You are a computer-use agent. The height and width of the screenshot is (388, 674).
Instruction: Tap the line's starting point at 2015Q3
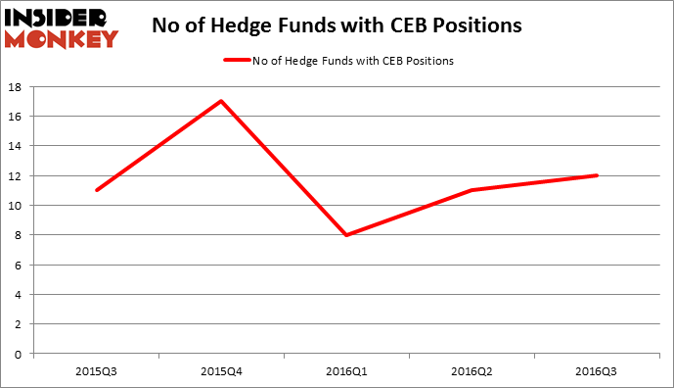pyautogui.click(x=96, y=190)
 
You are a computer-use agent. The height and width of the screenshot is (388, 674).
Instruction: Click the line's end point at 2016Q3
pyautogui.click(x=598, y=175)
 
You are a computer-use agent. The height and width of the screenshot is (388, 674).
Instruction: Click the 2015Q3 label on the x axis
pyautogui.click(x=96, y=371)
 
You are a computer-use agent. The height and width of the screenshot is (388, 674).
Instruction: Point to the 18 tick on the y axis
pyautogui.click(x=16, y=86)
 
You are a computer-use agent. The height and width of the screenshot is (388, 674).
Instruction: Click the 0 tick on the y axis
pyautogui.click(x=19, y=354)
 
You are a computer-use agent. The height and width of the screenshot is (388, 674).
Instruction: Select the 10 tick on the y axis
pyautogui.click(x=16, y=206)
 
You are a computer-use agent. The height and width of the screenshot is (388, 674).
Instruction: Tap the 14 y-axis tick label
pyautogui.click(x=16, y=146)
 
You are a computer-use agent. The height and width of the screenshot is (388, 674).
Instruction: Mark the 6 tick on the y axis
pyautogui.click(x=19, y=265)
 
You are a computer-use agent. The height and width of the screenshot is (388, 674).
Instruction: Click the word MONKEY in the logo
pyautogui.click(x=62, y=38)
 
